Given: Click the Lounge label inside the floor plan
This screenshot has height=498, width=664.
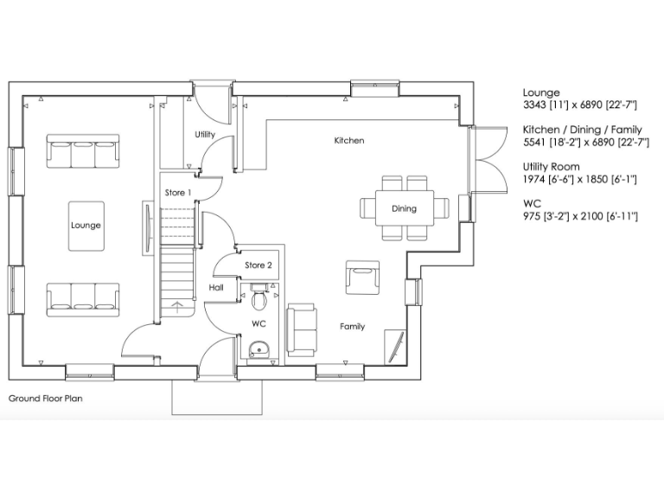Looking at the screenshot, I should pyautogui.click(x=86, y=226).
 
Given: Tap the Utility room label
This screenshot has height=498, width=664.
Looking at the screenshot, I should pyautogui.click(x=205, y=135).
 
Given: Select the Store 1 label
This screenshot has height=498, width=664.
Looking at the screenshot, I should pyautogui.click(x=177, y=192).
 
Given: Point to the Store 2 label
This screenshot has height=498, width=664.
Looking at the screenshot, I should pyautogui.click(x=258, y=265).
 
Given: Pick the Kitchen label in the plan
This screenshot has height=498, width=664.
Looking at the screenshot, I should pyautogui.click(x=349, y=140).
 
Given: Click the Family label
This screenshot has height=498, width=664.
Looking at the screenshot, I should pyautogui.click(x=352, y=327).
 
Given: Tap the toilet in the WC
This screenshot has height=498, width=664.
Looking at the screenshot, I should pyautogui.click(x=259, y=297).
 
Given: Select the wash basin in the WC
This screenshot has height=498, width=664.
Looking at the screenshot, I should pyautogui.click(x=258, y=349).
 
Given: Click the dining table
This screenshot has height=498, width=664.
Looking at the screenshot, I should pyautogui.click(x=404, y=208).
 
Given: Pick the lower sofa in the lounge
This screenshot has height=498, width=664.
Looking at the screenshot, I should pyautogui.click(x=84, y=297).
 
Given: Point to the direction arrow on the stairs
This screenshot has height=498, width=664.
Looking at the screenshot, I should pyautogui.click(x=178, y=305).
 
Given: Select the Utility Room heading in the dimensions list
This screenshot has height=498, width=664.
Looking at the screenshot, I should pyautogui.click(x=551, y=166).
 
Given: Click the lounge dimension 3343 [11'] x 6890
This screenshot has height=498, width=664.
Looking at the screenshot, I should pyautogui.click(x=579, y=105).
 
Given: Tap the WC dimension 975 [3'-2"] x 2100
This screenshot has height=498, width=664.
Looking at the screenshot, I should pyautogui.click(x=580, y=215).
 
